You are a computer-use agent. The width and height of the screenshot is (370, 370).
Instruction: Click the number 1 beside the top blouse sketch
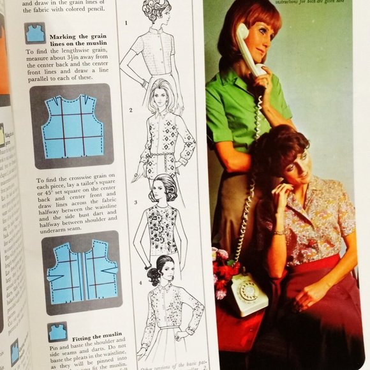(126, 24)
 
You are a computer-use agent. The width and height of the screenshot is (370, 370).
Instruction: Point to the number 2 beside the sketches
(131, 110)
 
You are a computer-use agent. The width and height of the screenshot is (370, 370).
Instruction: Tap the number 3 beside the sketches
(135, 202)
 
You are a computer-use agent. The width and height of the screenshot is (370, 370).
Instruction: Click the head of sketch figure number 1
(158, 13)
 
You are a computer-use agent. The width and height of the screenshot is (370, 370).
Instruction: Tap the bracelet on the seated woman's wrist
(279, 232)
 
